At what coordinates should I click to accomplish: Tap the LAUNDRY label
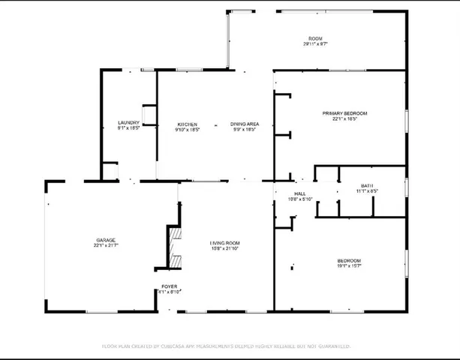pos(128,123)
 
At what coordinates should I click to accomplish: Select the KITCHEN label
pos(187,124)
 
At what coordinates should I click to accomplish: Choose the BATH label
pos(367,185)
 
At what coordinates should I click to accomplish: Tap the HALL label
pos(300,193)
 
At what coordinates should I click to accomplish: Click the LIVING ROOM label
pos(224,243)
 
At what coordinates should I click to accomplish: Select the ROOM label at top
pos(314,38)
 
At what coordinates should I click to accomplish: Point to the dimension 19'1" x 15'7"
pos(349,266)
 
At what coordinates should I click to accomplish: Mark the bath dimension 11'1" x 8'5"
pos(367,191)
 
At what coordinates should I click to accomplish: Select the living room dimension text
pos(224,249)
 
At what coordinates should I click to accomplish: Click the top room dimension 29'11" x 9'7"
pos(314,44)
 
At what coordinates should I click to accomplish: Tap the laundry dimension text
pos(128,129)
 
